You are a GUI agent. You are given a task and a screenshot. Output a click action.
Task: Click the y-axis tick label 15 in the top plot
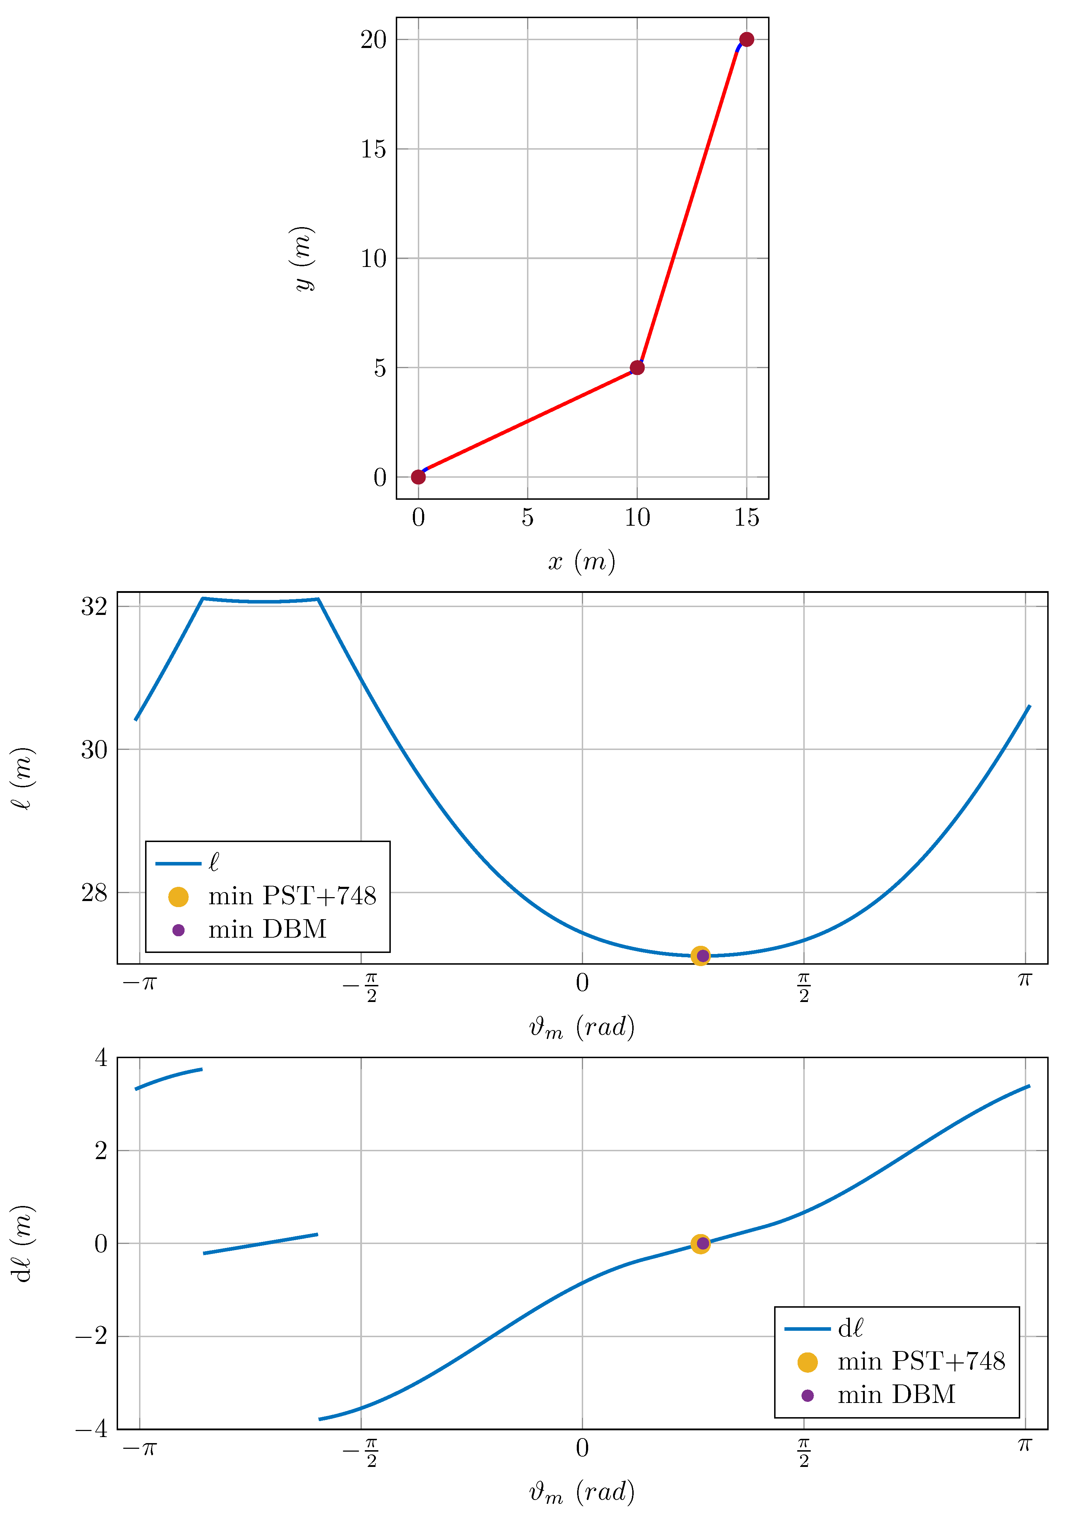click(373, 149)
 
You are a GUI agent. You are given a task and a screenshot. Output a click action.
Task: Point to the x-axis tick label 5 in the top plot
click(527, 517)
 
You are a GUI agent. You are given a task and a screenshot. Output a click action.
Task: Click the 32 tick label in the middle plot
click(94, 606)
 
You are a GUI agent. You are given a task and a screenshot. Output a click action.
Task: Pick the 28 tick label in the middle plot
click(94, 893)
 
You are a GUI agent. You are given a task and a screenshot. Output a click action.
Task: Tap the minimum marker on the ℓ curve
click(701, 955)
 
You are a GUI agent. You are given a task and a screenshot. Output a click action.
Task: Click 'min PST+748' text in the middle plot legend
click(292, 896)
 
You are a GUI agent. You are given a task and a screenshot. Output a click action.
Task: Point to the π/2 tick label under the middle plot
click(804, 987)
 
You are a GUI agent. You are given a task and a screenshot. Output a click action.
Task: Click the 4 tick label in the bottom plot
click(101, 1058)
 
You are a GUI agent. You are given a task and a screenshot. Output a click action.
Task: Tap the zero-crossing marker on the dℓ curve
click(701, 1244)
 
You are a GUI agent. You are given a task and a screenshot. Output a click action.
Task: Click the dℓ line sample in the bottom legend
click(807, 1328)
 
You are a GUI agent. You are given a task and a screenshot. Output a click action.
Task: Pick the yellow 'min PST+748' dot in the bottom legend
click(807, 1362)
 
